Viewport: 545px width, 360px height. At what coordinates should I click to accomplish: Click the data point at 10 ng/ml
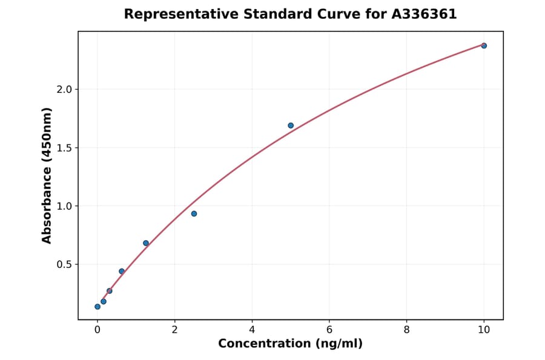pyautogui.click(x=484, y=45)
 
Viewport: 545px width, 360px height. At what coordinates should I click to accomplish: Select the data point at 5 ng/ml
pyautogui.click(x=291, y=125)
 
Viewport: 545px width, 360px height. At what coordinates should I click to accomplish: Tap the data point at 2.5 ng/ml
pyautogui.click(x=194, y=213)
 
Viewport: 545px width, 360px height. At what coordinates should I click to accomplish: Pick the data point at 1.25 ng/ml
pyautogui.click(x=146, y=243)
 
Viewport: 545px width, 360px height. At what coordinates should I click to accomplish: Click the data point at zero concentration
pyautogui.click(x=97, y=307)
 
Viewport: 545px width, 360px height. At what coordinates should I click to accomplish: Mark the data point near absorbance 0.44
pyautogui.click(x=122, y=271)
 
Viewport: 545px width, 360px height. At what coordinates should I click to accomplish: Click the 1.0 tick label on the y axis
pyautogui.click(x=65, y=206)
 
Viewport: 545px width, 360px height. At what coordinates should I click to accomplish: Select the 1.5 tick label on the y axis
pyautogui.click(x=65, y=148)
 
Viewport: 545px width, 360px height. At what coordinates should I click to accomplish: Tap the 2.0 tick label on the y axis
pyautogui.click(x=65, y=90)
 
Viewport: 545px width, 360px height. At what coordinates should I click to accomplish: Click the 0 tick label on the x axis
pyautogui.click(x=97, y=330)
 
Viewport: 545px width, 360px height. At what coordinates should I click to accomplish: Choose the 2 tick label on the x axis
pyautogui.click(x=174, y=330)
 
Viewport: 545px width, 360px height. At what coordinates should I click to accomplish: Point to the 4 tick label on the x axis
pyautogui.click(x=252, y=330)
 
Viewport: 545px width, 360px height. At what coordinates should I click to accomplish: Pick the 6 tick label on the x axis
pyautogui.click(x=329, y=330)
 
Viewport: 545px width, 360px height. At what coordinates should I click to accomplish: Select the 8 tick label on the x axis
pyautogui.click(x=406, y=330)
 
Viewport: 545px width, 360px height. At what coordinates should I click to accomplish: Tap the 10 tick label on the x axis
pyautogui.click(x=484, y=330)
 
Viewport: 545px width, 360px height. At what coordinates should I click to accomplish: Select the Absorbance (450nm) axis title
pyautogui.click(x=47, y=175)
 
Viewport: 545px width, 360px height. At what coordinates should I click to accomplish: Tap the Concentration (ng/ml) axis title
pyautogui.click(x=291, y=344)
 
